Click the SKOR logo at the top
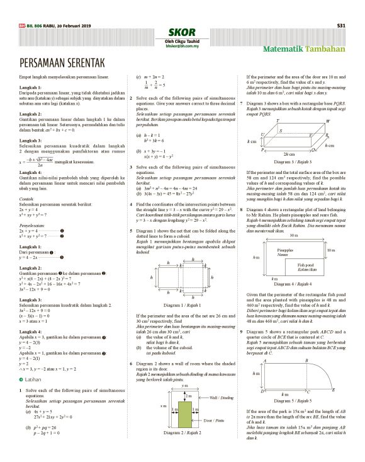(x=182, y=32)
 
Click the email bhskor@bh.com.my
(x=182, y=46)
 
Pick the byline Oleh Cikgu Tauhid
(x=182, y=41)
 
